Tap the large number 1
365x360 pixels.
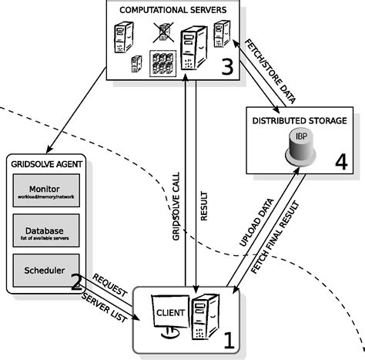tap(228, 336)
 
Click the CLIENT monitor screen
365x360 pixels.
tap(171, 315)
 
